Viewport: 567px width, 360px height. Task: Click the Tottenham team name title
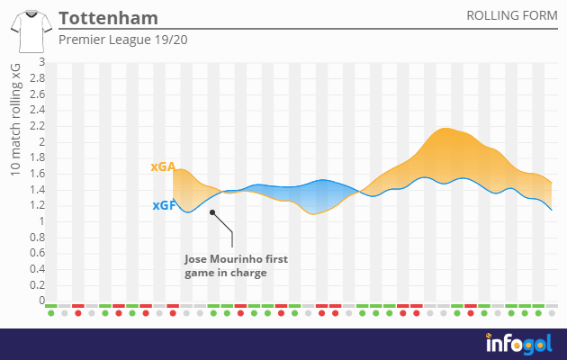[x=107, y=18]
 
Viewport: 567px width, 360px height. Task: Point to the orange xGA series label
[x=162, y=167]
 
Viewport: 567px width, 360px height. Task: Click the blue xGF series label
[x=163, y=205]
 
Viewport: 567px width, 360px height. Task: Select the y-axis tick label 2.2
[x=36, y=126]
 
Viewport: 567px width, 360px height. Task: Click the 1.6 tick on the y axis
[x=36, y=174]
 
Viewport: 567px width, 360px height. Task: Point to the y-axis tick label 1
[x=40, y=221]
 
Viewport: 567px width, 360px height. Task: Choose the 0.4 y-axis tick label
[x=36, y=269]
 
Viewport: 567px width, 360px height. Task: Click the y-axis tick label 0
[x=40, y=301]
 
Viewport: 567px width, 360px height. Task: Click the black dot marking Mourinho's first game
[x=212, y=212]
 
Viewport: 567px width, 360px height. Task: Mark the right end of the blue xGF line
[x=551, y=210]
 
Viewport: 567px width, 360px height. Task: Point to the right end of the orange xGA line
[x=551, y=183]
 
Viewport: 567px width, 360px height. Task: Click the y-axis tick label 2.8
[x=36, y=78]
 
